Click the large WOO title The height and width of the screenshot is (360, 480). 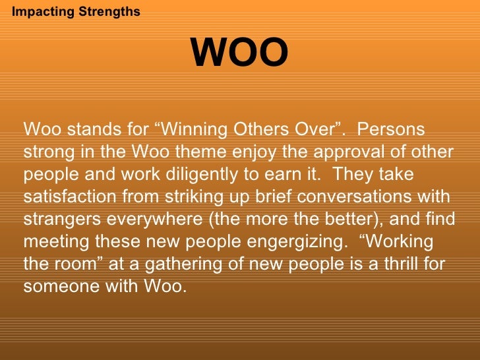(239, 53)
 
